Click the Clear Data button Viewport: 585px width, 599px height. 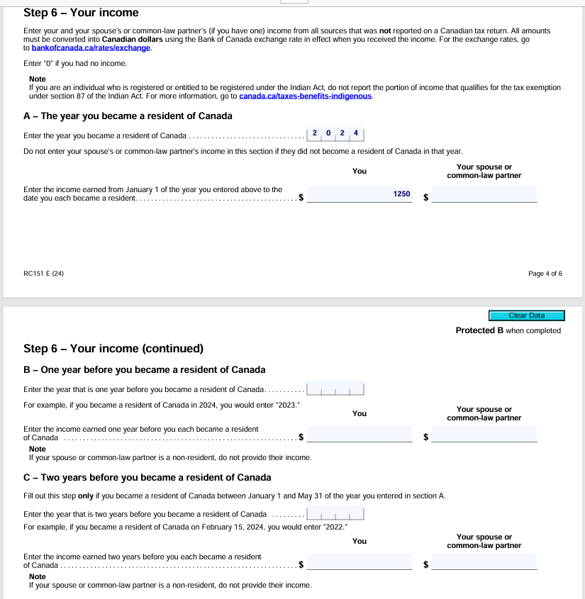526,315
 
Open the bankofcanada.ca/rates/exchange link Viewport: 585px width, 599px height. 91,48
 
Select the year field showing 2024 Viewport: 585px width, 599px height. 335,134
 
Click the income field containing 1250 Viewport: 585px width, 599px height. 360,194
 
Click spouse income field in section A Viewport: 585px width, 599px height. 484,194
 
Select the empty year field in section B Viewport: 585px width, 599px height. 335,389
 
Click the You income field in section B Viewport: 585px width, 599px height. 360,434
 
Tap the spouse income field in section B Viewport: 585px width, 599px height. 484,434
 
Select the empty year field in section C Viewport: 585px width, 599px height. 335,514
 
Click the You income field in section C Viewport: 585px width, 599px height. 360,561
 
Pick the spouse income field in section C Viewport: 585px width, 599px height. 484,561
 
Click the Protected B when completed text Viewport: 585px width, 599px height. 508,330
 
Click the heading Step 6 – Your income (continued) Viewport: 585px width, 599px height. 113,348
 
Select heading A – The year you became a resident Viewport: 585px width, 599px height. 128,116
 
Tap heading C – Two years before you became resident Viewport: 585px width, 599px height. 147,477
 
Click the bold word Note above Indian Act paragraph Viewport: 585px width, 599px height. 38,79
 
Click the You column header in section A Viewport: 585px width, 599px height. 360,171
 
